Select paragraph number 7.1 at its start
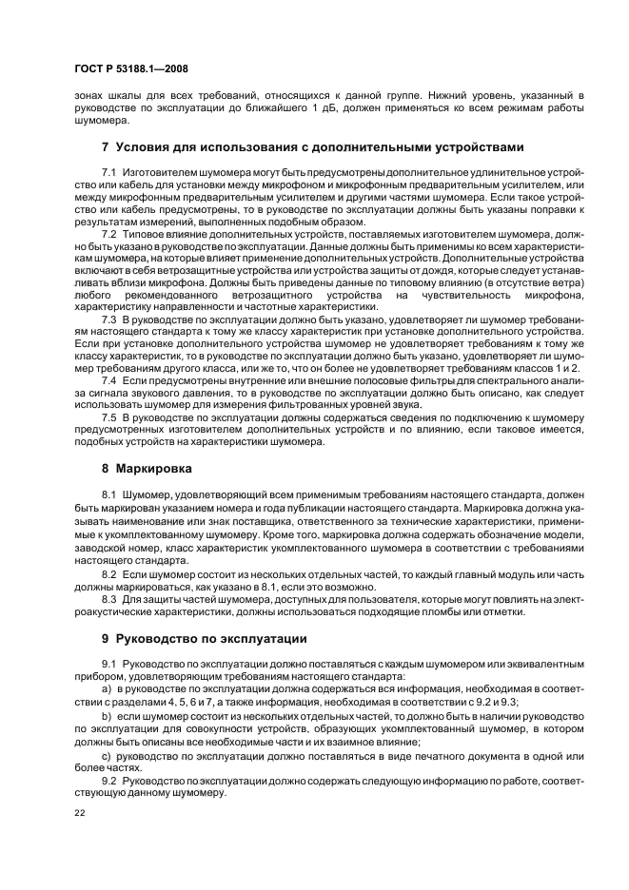click(x=108, y=170)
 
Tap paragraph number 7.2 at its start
click(x=108, y=233)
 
